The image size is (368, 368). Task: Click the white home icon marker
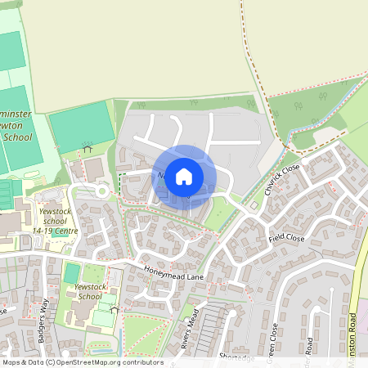click(184, 176)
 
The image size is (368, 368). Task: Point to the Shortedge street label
click(237, 357)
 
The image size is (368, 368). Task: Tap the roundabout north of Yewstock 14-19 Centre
click(101, 191)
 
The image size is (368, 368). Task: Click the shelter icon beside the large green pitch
click(88, 147)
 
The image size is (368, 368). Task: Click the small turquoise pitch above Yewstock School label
click(72, 272)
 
